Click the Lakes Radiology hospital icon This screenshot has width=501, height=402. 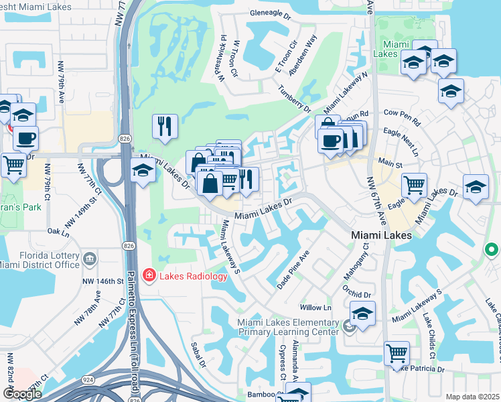click(148, 275)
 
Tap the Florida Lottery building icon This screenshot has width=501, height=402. click(89, 257)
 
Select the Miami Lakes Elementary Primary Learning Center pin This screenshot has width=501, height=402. click(348, 326)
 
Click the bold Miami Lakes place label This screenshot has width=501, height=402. click(382, 236)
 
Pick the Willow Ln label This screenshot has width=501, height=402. click(316, 308)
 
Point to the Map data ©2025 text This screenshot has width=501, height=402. click(473, 397)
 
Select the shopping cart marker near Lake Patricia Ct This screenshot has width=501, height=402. click(397, 353)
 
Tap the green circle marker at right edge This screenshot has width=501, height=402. click(492, 251)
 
